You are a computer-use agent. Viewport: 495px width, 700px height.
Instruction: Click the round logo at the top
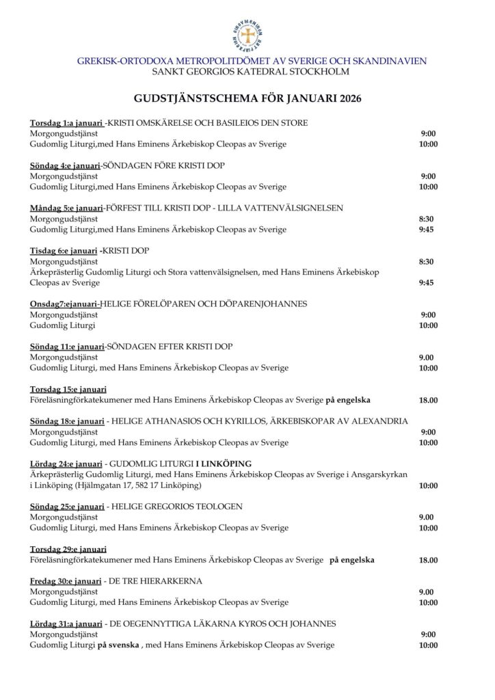point(247,37)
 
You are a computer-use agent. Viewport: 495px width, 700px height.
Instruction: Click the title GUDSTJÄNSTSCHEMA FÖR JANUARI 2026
point(247,98)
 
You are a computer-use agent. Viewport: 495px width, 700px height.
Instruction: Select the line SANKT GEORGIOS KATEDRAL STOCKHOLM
point(247,72)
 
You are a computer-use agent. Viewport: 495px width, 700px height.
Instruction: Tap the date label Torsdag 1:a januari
point(66,123)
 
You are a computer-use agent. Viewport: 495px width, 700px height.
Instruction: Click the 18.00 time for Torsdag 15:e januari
point(428,400)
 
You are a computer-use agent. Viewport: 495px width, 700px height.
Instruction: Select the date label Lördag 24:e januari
point(66,463)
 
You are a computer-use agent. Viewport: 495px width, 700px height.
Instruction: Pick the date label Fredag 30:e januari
point(67,581)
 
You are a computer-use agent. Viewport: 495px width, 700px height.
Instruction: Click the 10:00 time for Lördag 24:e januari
point(428,485)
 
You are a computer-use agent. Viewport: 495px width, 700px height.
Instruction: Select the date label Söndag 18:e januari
point(67,421)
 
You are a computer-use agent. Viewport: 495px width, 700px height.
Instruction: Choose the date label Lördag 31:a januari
point(66,624)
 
